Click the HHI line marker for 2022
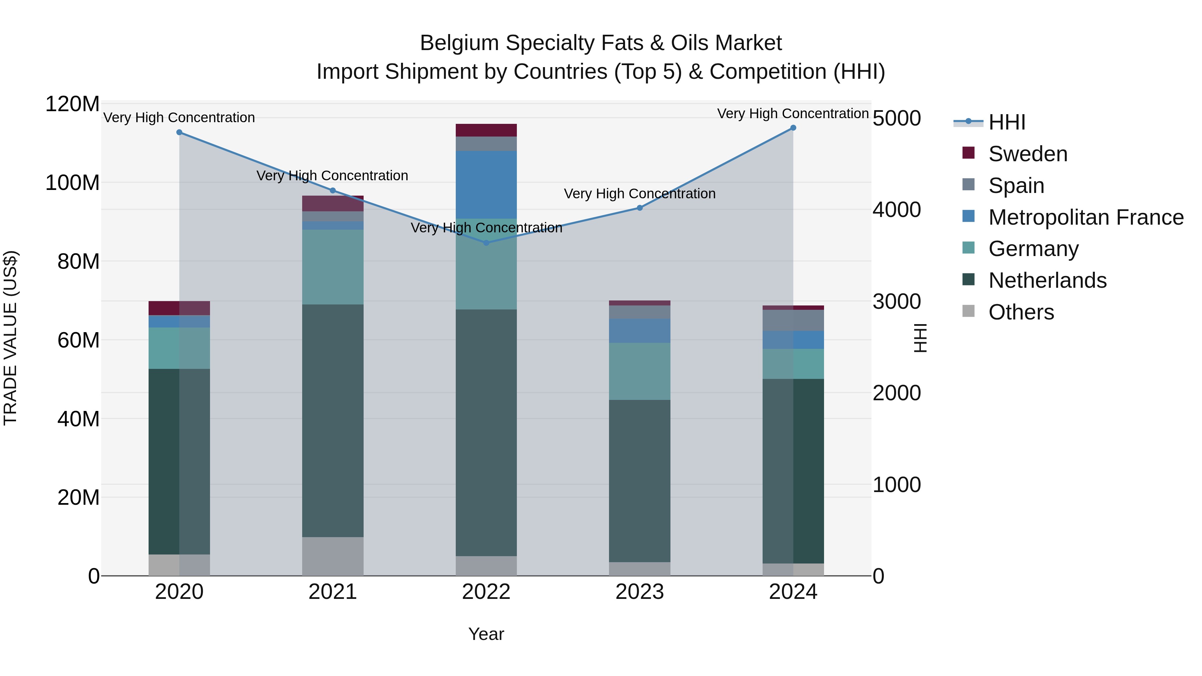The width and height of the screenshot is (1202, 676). pyautogui.click(x=486, y=243)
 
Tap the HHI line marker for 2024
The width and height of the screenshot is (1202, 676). pyautogui.click(x=793, y=128)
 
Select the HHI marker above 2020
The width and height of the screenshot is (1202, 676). pyautogui.click(x=179, y=133)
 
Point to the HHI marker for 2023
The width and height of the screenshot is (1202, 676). pyautogui.click(x=640, y=208)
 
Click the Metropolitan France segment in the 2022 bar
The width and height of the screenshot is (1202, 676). pyautogui.click(x=486, y=185)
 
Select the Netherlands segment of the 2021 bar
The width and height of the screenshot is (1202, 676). pyautogui.click(x=333, y=420)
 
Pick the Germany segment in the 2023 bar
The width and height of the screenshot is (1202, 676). pyautogui.click(x=640, y=371)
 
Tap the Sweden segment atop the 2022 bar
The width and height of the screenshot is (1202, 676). pyautogui.click(x=486, y=130)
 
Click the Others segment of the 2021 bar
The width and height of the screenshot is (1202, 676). pyautogui.click(x=333, y=556)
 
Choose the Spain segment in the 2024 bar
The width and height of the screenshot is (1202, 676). pyautogui.click(x=793, y=320)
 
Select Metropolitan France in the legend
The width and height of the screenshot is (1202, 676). pyautogui.click(x=1086, y=217)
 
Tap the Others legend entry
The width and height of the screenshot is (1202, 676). pyautogui.click(x=1021, y=312)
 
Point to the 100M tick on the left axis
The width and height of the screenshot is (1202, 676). pyautogui.click(x=73, y=183)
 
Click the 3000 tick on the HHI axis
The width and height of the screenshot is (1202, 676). pyautogui.click(x=896, y=302)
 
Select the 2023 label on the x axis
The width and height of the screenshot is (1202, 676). pyautogui.click(x=640, y=592)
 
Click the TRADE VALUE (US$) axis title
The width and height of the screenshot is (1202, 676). pyautogui.click(x=11, y=338)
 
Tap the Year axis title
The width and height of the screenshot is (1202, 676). pyautogui.click(x=486, y=634)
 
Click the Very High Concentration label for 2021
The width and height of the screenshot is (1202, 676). pyautogui.click(x=332, y=176)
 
